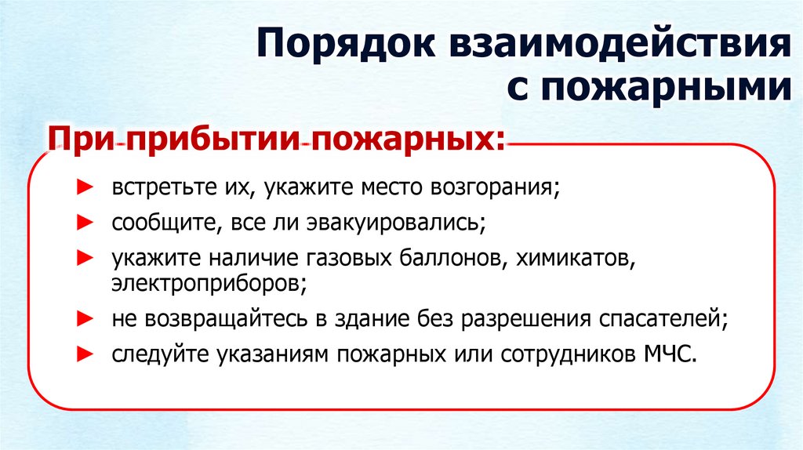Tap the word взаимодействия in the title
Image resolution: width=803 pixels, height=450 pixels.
[620, 49]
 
